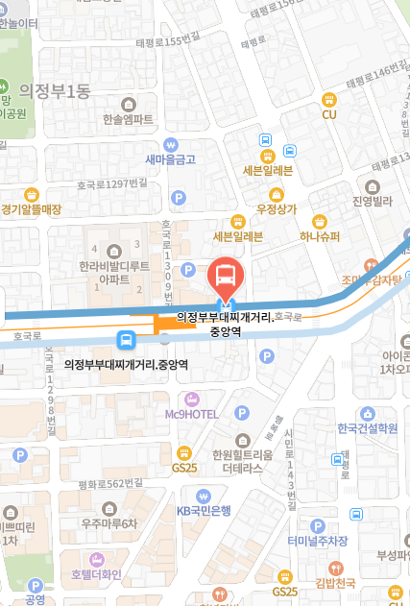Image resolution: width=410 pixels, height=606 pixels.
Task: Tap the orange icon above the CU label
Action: [x=329, y=98]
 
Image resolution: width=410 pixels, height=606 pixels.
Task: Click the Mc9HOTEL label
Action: [x=192, y=414]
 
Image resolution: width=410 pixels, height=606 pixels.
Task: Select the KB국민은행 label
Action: [x=204, y=510]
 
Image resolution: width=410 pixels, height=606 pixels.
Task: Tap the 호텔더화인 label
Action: [x=96, y=575]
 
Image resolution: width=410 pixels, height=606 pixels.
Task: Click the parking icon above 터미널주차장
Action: [x=318, y=525]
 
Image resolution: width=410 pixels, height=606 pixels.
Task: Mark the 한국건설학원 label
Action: [x=367, y=428]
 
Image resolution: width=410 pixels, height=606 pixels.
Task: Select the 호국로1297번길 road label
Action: [x=114, y=182]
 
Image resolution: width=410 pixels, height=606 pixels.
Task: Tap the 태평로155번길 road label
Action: [x=173, y=41]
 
